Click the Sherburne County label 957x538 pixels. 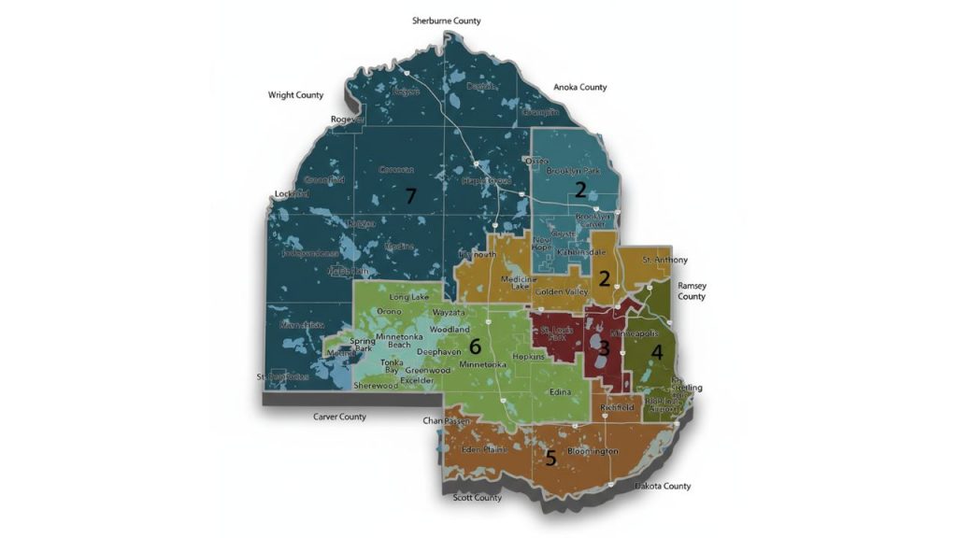click(x=447, y=21)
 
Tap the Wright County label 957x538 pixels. click(x=295, y=95)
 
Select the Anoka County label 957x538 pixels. click(x=579, y=88)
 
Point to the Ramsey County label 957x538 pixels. click(x=692, y=290)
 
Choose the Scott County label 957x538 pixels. click(x=477, y=498)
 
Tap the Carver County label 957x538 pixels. click(x=339, y=417)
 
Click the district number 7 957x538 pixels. click(x=409, y=195)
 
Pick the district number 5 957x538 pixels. click(x=550, y=458)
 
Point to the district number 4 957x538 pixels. click(x=657, y=352)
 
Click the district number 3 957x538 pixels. click(x=605, y=349)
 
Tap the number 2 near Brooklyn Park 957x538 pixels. click(x=580, y=191)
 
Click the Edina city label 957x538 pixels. click(x=561, y=392)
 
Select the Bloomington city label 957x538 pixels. click(x=593, y=451)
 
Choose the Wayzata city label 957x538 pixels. click(x=448, y=313)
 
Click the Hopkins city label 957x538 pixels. click(x=529, y=358)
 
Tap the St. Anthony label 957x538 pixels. click(x=664, y=260)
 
